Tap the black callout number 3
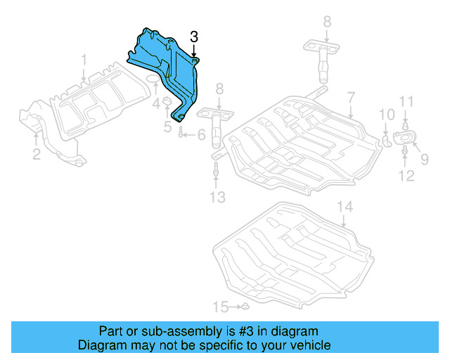[194, 37]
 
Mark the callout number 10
[387, 115]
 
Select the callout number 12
[406, 176]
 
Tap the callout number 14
[343, 207]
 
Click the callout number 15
[221, 307]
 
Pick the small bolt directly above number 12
[406, 150]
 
